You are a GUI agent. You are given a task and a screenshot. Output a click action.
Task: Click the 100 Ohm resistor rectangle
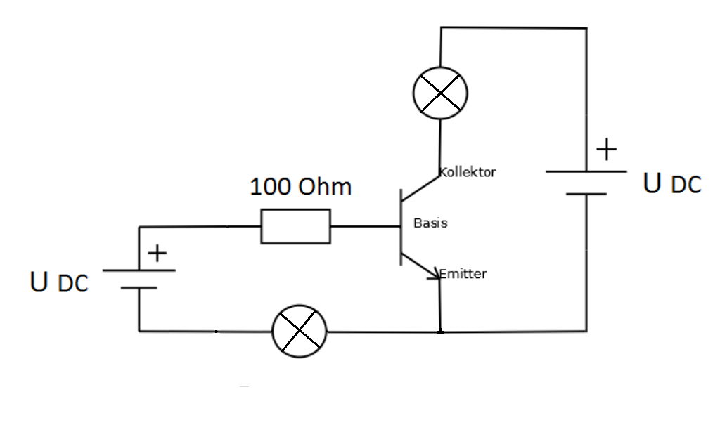click(295, 226)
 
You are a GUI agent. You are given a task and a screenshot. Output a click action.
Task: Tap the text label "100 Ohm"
click(301, 188)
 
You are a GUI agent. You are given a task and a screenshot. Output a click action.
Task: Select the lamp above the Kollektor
click(439, 92)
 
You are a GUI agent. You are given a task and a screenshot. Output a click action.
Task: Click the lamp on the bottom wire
click(300, 331)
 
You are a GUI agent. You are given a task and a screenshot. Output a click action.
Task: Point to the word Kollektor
click(468, 172)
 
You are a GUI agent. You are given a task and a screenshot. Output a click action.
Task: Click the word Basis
click(430, 223)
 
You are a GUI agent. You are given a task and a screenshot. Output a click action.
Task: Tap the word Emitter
click(463, 274)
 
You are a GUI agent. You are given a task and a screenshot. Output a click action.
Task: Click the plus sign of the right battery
click(605, 150)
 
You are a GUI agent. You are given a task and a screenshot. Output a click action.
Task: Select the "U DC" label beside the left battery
click(60, 282)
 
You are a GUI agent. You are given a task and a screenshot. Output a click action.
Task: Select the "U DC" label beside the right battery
click(672, 183)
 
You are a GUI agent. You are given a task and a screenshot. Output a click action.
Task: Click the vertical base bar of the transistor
click(401, 226)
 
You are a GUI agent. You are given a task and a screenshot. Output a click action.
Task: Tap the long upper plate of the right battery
click(586, 171)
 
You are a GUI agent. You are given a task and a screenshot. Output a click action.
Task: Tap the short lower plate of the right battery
click(586, 194)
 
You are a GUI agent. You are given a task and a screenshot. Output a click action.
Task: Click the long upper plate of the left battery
click(139, 270)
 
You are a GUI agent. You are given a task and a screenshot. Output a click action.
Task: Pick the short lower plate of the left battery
click(139, 288)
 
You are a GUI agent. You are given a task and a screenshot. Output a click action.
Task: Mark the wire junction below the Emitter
click(440, 331)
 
